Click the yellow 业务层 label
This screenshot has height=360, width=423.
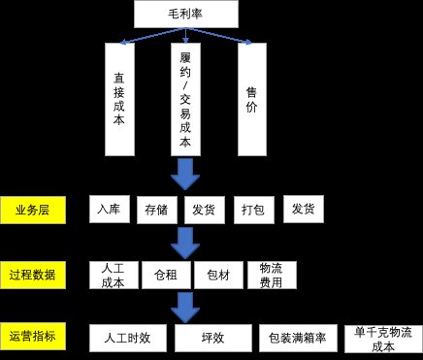click(33, 211)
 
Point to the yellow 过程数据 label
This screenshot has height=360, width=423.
click(33, 275)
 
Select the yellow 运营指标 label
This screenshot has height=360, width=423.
click(33, 337)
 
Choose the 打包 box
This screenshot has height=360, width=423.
click(252, 210)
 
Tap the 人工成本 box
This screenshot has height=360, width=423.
click(113, 275)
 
